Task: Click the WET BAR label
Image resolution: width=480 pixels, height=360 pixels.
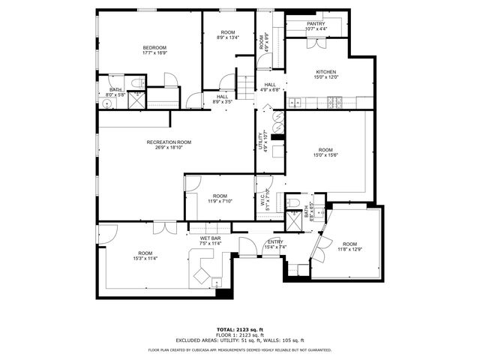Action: [209, 239]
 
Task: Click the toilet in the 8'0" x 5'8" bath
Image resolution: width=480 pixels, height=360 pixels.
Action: [137, 82]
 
